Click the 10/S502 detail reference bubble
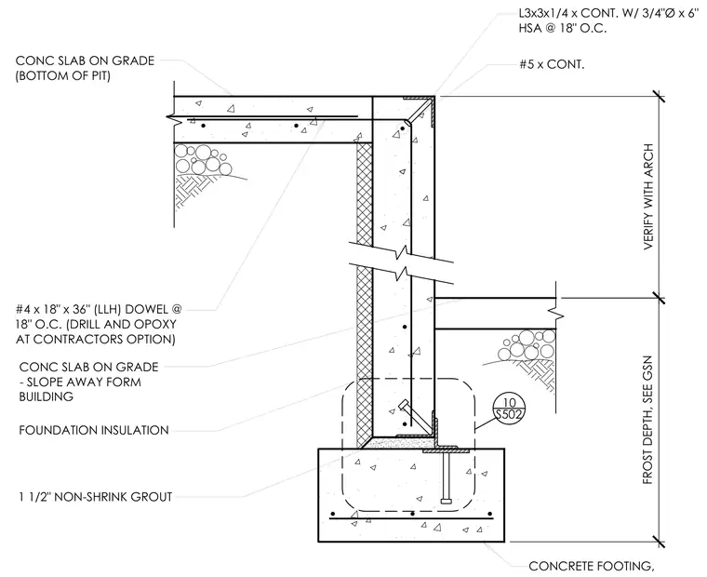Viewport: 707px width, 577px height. [509, 409]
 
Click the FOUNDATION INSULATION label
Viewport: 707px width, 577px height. [94, 430]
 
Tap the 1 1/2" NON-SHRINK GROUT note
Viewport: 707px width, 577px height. [96, 497]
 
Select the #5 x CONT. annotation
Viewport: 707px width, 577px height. [552, 64]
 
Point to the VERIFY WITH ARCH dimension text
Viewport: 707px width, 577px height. [648, 196]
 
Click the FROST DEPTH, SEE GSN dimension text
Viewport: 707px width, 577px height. [647, 420]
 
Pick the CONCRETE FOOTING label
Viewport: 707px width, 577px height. [591, 566]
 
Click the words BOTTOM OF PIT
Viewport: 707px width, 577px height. [62, 75]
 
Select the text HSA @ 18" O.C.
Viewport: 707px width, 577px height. [563, 28]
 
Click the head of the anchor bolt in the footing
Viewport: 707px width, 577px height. [446, 501]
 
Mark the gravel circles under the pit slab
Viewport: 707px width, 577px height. [203, 159]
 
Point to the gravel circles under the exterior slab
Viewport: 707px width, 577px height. [527, 345]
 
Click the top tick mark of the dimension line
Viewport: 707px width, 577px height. [659, 96]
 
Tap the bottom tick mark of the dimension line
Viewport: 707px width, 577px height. [659, 542]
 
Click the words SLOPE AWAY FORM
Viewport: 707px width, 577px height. [84, 382]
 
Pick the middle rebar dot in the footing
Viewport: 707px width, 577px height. [412, 514]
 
